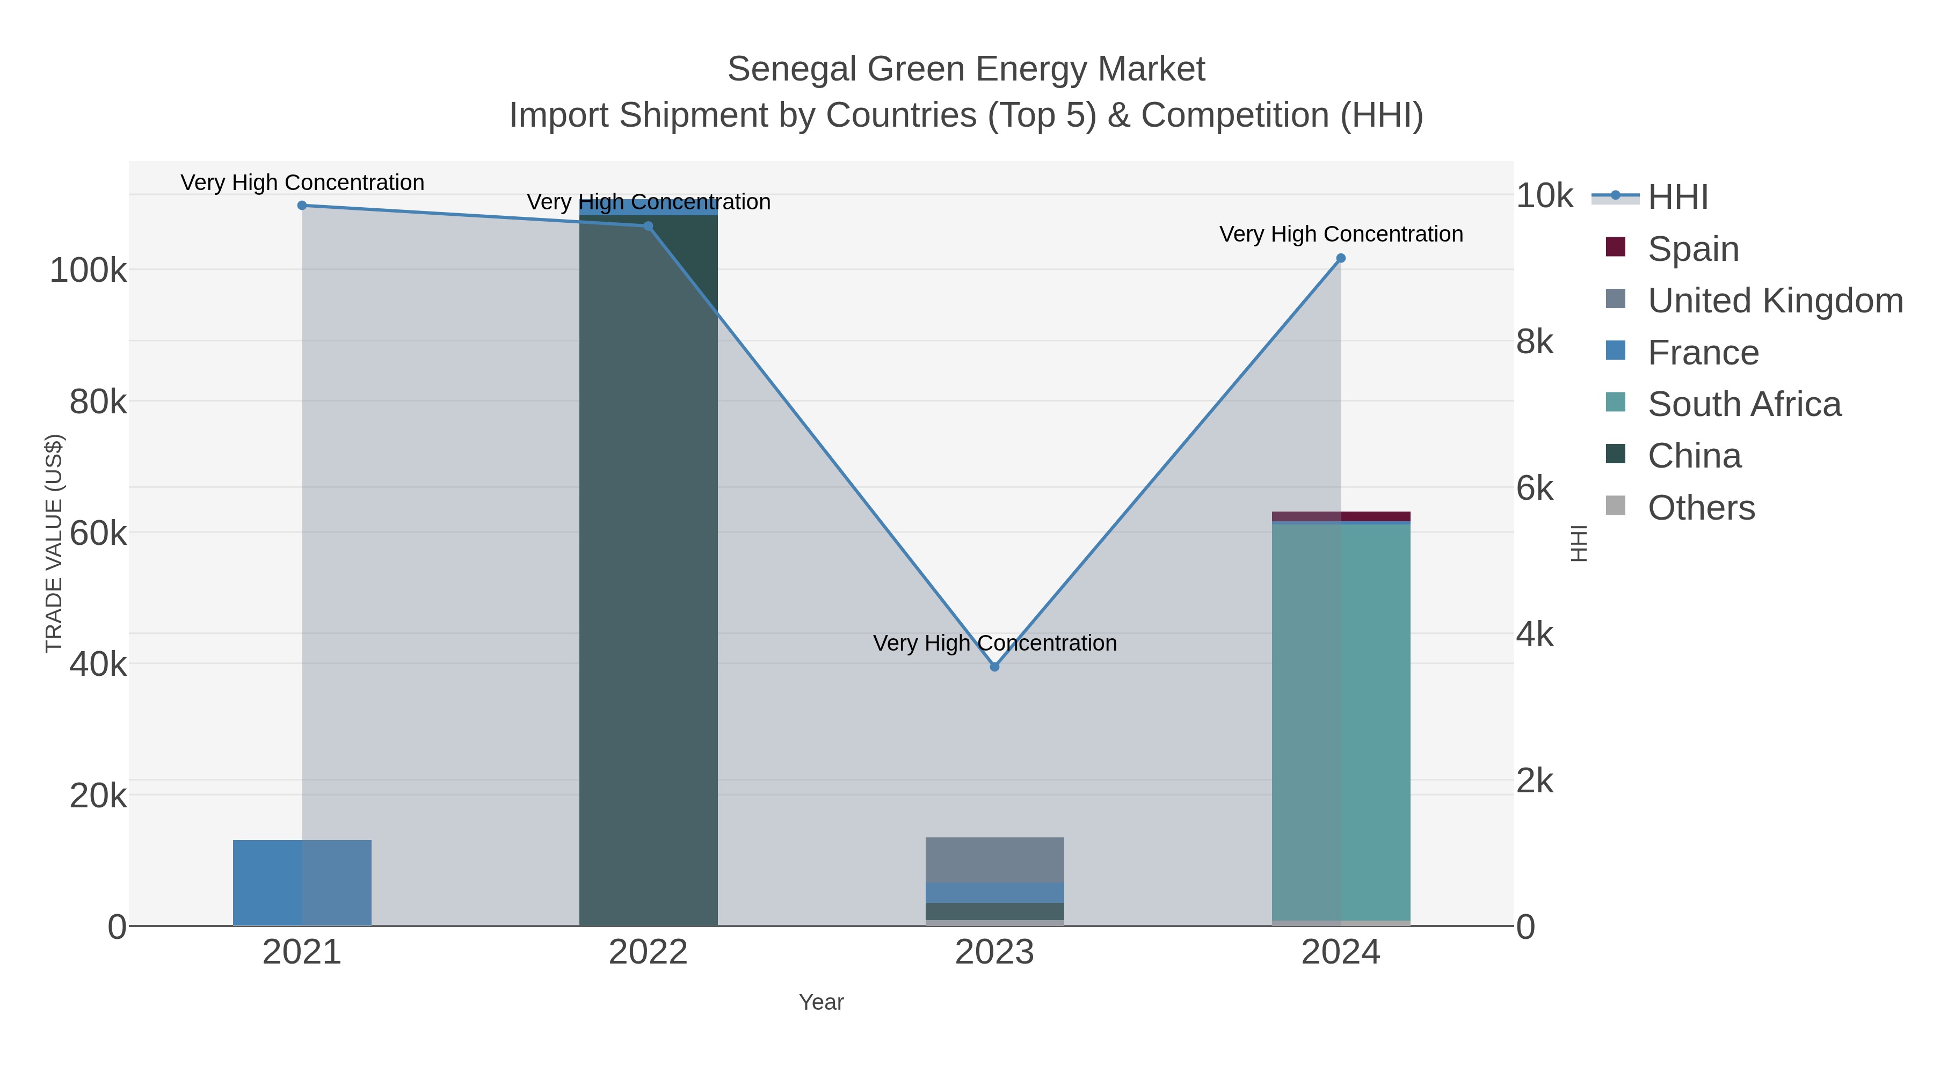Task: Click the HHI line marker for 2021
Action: click(x=302, y=206)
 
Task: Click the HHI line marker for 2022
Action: click(x=648, y=226)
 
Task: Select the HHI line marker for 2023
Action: click(x=994, y=667)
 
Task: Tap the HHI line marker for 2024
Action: click(x=1341, y=258)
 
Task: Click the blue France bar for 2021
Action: click(x=302, y=883)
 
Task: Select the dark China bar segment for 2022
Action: click(x=648, y=570)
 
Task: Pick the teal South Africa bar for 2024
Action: click(x=1341, y=720)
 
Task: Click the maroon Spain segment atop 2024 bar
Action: click(x=1341, y=516)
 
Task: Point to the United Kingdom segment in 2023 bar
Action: click(x=994, y=860)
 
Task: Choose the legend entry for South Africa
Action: click(x=1744, y=404)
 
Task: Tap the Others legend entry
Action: click(x=1701, y=508)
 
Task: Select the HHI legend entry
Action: click(x=1678, y=196)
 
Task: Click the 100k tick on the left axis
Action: click(x=88, y=270)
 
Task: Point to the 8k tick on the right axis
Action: click(x=1535, y=342)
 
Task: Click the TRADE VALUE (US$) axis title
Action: click(x=54, y=543)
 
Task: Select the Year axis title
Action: click(x=821, y=1002)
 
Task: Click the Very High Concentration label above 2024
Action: click(x=1341, y=234)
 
